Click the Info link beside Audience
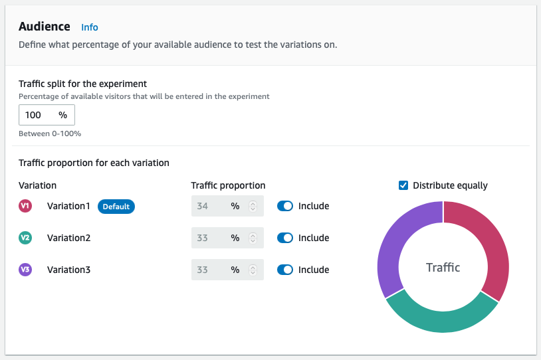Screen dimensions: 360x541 pyautogui.click(x=89, y=27)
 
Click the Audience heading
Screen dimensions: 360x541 pyautogui.click(x=45, y=27)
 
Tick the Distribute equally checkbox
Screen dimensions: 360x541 pyautogui.click(x=403, y=185)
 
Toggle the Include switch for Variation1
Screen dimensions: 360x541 pyautogui.click(x=284, y=206)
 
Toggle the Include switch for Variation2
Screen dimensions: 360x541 pyautogui.click(x=284, y=238)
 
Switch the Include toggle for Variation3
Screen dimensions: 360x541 pyautogui.click(x=284, y=270)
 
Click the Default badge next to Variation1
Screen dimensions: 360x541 pyautogui.click(x=116, y=207)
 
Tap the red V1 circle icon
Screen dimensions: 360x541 pyautogui.click(x=25, y=206)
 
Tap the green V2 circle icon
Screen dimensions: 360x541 pyautogui.click(x=25, y=238)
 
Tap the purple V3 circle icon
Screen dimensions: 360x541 pyautogui.click(x=25, y=270)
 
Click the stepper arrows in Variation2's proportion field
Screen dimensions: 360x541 pyautogui.click(x=253, y=238)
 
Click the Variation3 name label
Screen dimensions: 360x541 pyautogui.click(x=68, y=270)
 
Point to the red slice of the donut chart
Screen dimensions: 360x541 pyautogui.click(x=495, y=246)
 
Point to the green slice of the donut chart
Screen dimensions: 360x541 pyautogui.click(x=441, y=320)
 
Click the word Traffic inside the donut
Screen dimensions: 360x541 pyautogui.click(x=443, y=268)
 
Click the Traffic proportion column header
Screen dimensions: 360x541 pyautogui.click(x=228, y=185)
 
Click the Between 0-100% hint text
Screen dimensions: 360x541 pyautogui.click(x=50, y=134)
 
